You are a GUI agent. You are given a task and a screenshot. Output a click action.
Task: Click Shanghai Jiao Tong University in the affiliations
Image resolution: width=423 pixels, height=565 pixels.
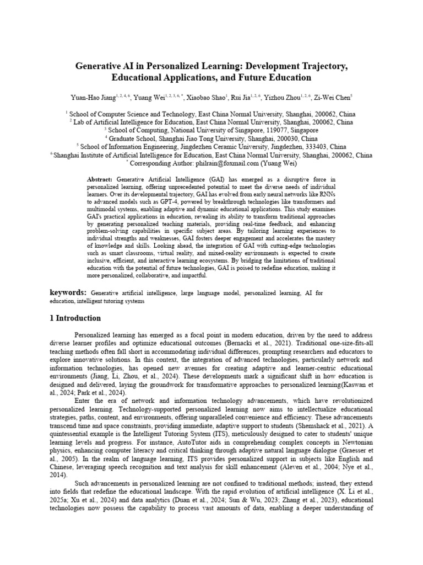218,138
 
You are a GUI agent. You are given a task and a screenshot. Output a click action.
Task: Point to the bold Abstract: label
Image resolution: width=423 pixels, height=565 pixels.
100,180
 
